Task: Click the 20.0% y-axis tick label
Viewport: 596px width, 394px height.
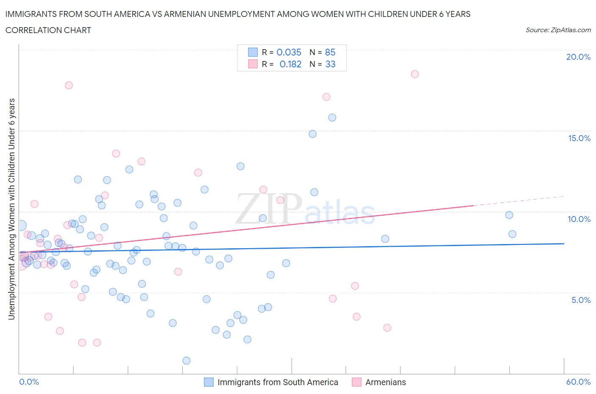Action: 578,57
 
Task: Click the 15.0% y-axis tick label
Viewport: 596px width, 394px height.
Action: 579,139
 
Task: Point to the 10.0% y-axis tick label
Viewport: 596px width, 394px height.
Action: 579,219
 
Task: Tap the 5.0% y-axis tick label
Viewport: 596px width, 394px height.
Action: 581,300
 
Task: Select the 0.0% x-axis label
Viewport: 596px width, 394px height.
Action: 29,382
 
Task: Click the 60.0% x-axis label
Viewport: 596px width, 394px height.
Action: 578,382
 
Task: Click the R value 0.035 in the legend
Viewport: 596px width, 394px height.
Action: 289,53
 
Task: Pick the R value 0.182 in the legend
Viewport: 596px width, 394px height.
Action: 290,64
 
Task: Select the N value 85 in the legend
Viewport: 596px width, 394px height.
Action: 330,53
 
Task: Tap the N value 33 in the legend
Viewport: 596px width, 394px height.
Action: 330,64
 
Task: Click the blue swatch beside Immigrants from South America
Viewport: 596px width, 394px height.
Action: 209,382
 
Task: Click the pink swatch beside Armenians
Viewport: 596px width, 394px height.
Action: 356,382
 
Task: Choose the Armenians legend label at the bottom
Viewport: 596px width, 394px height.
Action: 385,382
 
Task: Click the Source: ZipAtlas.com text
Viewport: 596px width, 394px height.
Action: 558,30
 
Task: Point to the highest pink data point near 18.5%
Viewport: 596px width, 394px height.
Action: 415,74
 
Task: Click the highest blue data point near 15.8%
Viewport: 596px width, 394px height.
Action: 332,118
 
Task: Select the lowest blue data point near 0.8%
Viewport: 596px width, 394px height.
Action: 187,361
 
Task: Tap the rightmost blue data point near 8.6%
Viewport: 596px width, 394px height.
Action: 512,234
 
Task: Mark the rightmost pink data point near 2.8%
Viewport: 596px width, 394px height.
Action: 387,328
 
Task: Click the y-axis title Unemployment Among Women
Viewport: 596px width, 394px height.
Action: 12,209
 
